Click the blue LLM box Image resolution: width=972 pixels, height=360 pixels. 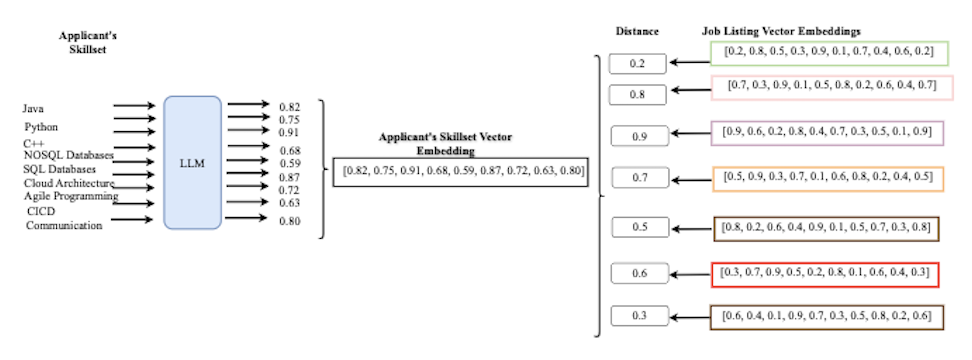click(191, 165)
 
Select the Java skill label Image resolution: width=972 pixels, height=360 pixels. click(33, 107)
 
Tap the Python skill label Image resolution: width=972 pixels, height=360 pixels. click(42, 127)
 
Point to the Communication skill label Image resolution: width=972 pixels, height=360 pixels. click(64, 225)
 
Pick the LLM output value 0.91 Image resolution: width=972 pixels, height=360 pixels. click(289, 132)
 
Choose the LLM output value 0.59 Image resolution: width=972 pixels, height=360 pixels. click(289, 163)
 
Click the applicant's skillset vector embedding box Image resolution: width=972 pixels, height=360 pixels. click(463, 172)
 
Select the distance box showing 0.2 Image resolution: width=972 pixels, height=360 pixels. click(637, 64)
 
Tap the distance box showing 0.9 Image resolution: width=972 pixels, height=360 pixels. click(637, 136)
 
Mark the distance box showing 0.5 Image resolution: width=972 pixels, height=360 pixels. click(637, 226)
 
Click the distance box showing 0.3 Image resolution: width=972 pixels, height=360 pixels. click(637, 317)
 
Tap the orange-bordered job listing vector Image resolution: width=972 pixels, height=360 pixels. click(825, 177)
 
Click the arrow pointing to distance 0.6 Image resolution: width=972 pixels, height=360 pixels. click(690, 272)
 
